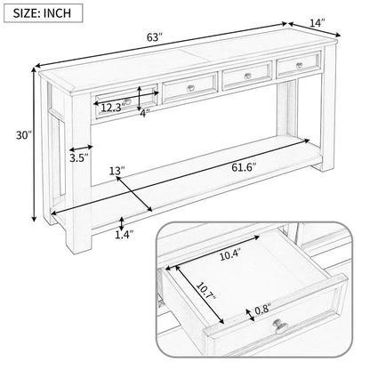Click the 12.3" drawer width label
(x=111, y=108)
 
